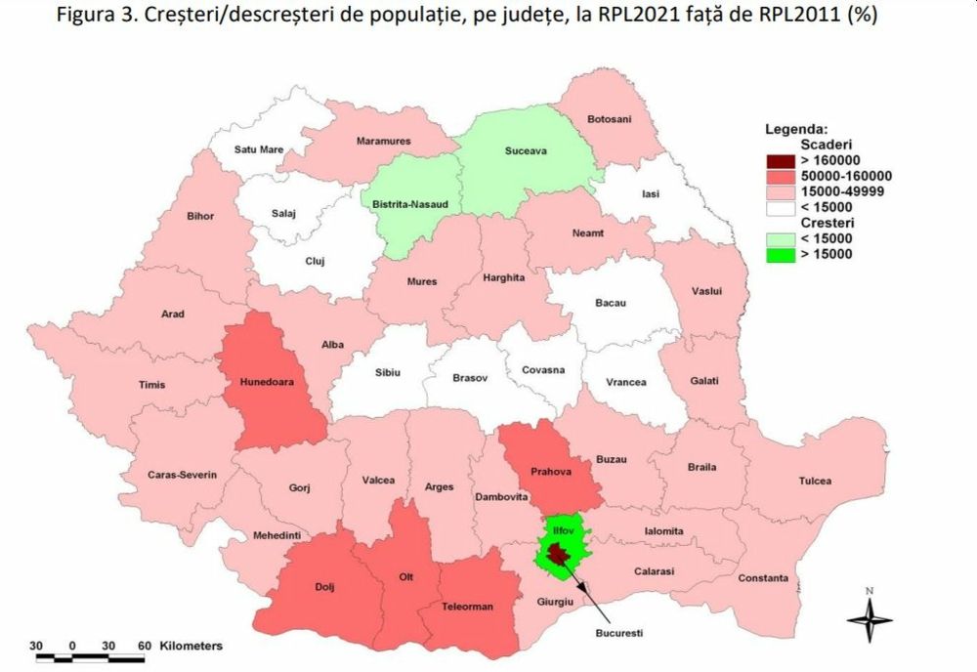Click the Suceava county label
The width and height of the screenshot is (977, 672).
[526, 152]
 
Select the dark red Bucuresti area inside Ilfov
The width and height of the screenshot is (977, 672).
[557, 555]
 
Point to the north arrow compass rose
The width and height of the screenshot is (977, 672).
[869, 616]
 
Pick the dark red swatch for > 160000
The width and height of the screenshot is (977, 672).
[780, 161]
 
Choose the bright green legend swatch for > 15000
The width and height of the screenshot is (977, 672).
[780, 254]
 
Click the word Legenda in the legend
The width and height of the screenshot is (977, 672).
[796, 128]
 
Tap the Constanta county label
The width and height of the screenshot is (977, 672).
[763, 578]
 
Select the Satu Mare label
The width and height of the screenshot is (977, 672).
[258, 149]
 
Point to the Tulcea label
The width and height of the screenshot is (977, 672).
[814, 481]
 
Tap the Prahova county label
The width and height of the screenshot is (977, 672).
[551, 472]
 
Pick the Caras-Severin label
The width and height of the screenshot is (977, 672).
[182, 475]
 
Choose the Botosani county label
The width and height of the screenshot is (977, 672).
[609, 119]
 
